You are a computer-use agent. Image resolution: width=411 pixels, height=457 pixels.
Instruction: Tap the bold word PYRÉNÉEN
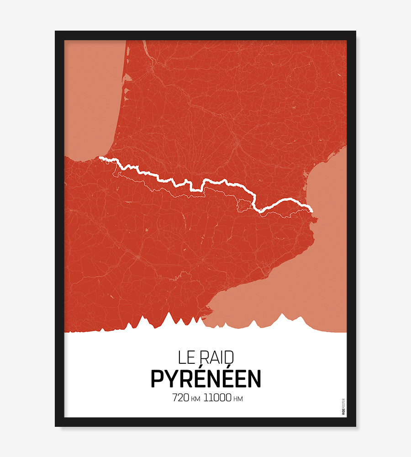coord(205,378)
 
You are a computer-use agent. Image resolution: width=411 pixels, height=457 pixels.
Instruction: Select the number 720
coord(180,398)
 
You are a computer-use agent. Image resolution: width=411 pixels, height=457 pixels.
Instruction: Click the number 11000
coord(217,398)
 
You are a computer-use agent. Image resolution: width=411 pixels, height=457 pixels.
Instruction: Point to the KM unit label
coord(195,399)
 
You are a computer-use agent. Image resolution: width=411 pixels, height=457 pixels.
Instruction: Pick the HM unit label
coord(238,399)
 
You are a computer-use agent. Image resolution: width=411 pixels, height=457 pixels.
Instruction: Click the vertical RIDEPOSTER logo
coord(343,407)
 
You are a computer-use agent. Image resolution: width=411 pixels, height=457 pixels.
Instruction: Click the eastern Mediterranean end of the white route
coord(312,211)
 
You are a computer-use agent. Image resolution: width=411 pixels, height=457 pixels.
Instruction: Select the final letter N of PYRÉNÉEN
coord(255,378)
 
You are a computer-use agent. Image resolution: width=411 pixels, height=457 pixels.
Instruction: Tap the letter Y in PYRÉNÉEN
coord(170,378)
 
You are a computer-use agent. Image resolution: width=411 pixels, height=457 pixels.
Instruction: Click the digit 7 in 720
coord(175,398)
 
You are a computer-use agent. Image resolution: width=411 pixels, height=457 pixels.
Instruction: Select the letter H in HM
coord(235,399)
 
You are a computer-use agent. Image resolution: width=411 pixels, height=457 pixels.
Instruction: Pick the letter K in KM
coord(193,399)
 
